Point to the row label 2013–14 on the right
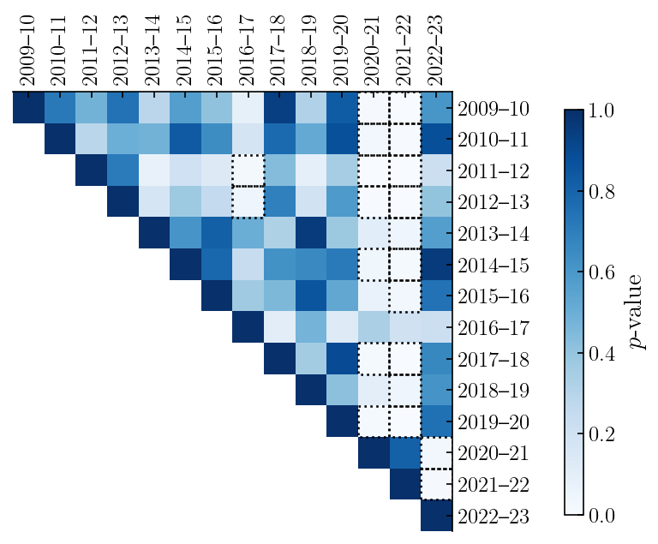click(x=493, y=234)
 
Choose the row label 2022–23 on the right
click(x=493, y=517)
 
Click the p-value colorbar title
click(x=637, y=313)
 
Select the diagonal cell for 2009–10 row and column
click(x=28, y=108)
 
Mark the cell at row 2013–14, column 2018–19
click(x=311, y=234)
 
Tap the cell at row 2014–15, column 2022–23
click(x=436, y=265)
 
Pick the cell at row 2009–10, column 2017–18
click(x=279, y=108)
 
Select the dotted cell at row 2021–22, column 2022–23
click(x=436, y=485)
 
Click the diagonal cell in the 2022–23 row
click(x=436, y=517)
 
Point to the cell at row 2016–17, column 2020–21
click(x=374, y=328)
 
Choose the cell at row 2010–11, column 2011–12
click(x=91, y=140)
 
